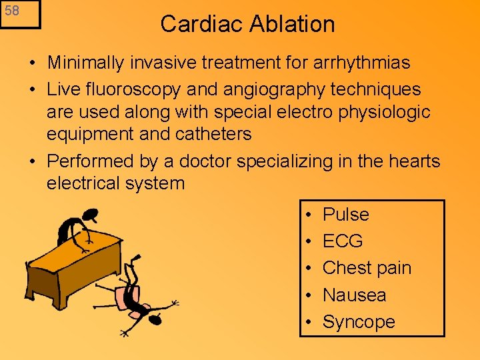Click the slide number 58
(11, 11)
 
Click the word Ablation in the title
(293, 24)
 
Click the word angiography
(284, 89)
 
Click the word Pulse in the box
(345, 215)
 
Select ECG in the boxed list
(343, 241)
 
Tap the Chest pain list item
(367, 268)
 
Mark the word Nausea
(354, 295)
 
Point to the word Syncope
(359, 322)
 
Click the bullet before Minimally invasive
(32, 64)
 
